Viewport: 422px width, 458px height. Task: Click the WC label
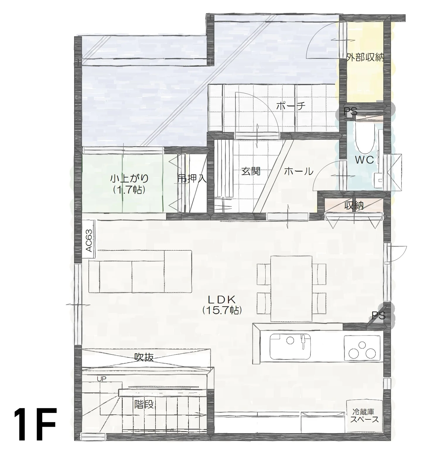[x=364, y=160]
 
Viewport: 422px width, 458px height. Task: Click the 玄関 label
[x=251, y=171]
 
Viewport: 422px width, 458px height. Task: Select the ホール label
[x=299, y=171]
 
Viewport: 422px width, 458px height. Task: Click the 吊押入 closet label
[x=192, y=178]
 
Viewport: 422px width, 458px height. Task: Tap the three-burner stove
[x=363, y=348]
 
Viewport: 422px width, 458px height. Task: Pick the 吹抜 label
[x=144, y=357]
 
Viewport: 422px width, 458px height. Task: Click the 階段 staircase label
[x=144, y=404]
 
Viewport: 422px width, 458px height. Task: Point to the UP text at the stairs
[x=102, y=379]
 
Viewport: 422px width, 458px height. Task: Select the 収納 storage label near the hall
[x=354, y=206]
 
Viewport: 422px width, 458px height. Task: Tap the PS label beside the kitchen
[x=378, y=315]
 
